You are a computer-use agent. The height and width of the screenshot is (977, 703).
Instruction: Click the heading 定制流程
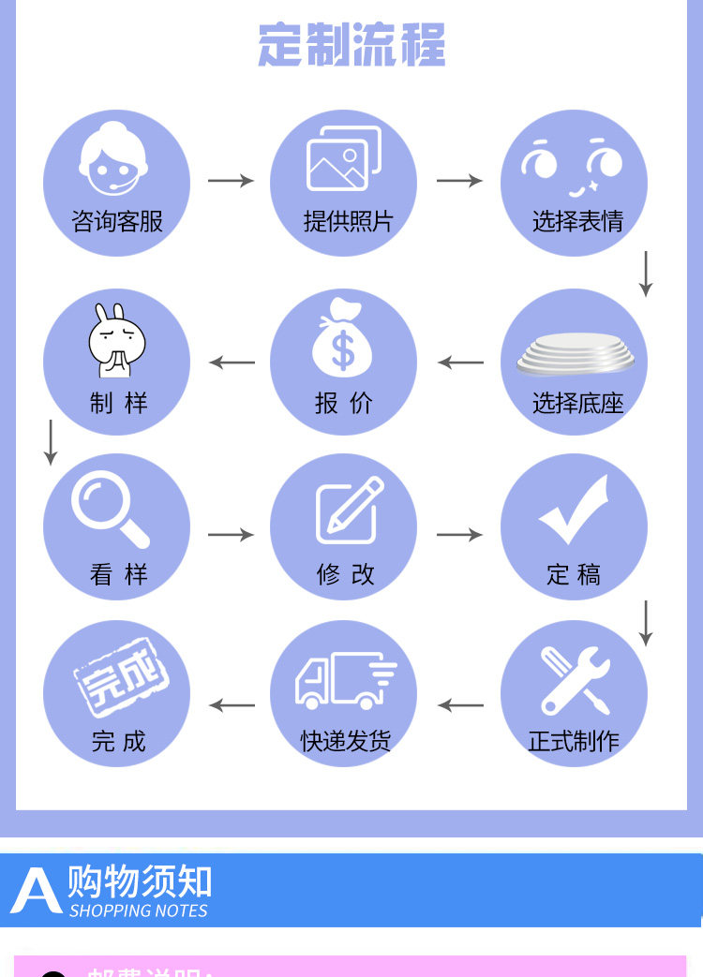tap(351, 45)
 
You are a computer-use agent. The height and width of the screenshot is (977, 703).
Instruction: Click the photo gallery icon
tap(344, 158)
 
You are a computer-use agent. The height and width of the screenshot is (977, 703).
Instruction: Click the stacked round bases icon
tap(575, 353)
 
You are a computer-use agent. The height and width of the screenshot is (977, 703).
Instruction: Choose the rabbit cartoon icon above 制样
tap(115, 340)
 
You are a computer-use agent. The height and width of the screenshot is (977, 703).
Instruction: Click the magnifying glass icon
tap(110, 510)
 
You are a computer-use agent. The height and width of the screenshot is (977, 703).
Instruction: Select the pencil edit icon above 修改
tap(350, 510)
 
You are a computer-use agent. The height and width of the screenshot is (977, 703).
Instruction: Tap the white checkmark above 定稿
tap(574, 511)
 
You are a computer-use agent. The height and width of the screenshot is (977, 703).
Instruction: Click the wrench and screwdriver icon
tap(576, 681)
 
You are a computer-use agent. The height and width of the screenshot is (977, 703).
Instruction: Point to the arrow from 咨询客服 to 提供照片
tap(231, 181)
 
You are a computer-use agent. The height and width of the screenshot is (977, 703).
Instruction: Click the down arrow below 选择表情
tap(645, 274)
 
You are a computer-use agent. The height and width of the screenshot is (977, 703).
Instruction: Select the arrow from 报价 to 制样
tap(232, 363)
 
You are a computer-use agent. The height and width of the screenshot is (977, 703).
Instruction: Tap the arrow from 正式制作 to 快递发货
tap(460, 705)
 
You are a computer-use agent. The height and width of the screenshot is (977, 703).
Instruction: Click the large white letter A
tap(36, 891)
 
